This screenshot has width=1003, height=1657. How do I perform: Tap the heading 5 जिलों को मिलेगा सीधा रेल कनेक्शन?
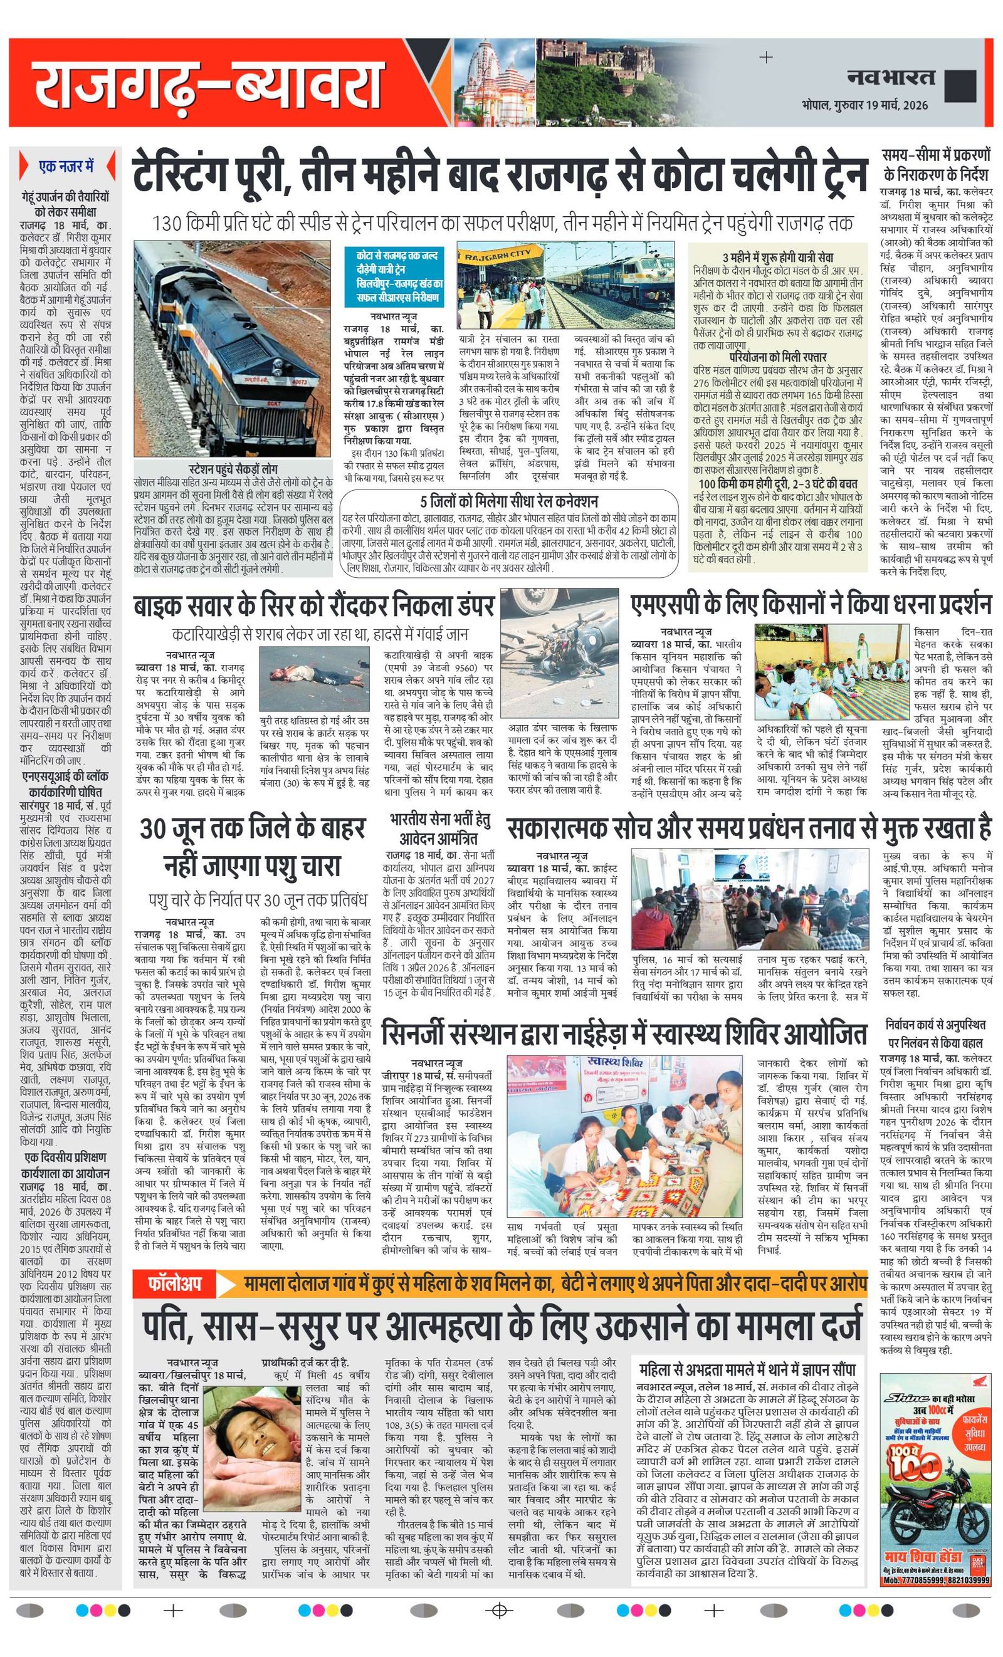pos(508,501)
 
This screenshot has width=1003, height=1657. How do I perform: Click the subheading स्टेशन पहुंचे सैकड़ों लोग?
pos(233,468)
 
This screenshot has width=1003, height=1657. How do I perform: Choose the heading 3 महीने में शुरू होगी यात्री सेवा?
pos(778,258)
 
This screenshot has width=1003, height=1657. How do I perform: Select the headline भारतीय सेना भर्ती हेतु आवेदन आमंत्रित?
pos(440,829)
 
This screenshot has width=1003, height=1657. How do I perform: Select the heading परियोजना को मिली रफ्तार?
pos(778,357)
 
